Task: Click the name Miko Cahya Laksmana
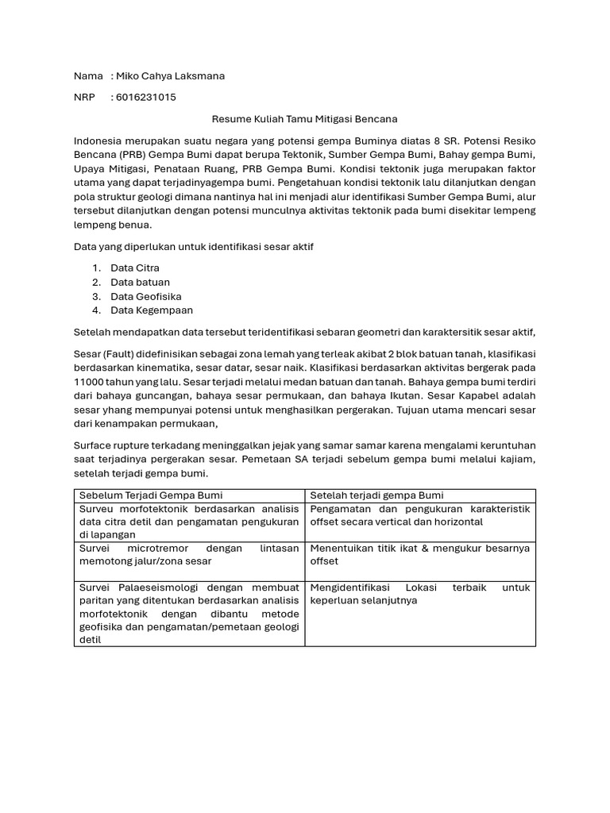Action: pyautogui.click(x=170, y=76)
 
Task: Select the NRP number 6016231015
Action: pyautogui.click(x=145, y=98)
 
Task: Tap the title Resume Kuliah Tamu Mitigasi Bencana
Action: pyautogui.click(x=304, y=119)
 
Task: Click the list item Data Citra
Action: pyautogui.click(x=135, y=268)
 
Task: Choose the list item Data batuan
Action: pyautogui.click(x=140, y=283)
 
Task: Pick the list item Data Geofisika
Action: pyautogui.click(x=146, y=296)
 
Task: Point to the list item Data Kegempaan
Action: pyautogui.click(x=152, y=310)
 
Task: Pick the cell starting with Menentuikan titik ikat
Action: pyautogui.click(x=419, y=554)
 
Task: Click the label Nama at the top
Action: pyautogui.click(x=88, y=76)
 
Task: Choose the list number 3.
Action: pyautogui.click(x=95, y=296)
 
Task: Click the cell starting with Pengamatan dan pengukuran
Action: pyautogui.click(x=419, y=515)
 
